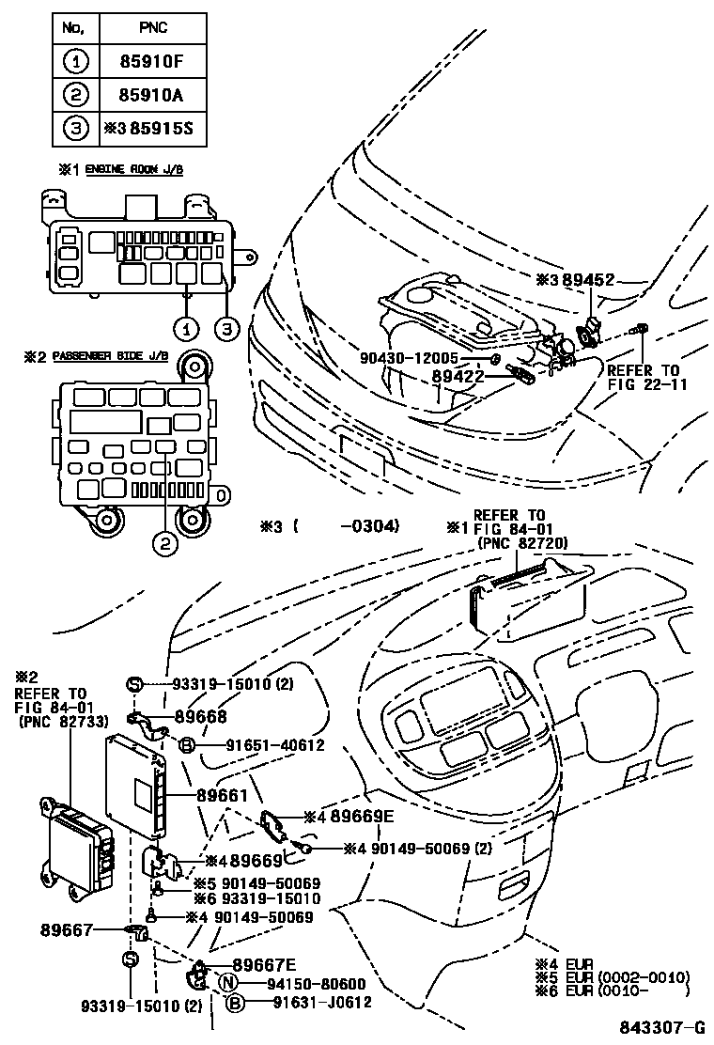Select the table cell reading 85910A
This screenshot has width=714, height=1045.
tap(151, 94)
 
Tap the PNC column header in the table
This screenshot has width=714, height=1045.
tap(151, 28)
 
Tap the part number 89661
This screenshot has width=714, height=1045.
tap(222, 795)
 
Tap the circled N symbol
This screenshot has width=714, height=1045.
tap(226, 984)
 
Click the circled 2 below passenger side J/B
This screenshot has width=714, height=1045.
tap(165, 542)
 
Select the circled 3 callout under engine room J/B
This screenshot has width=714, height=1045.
tap(225, 329)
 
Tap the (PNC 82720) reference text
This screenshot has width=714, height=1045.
tap(522, 544)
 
